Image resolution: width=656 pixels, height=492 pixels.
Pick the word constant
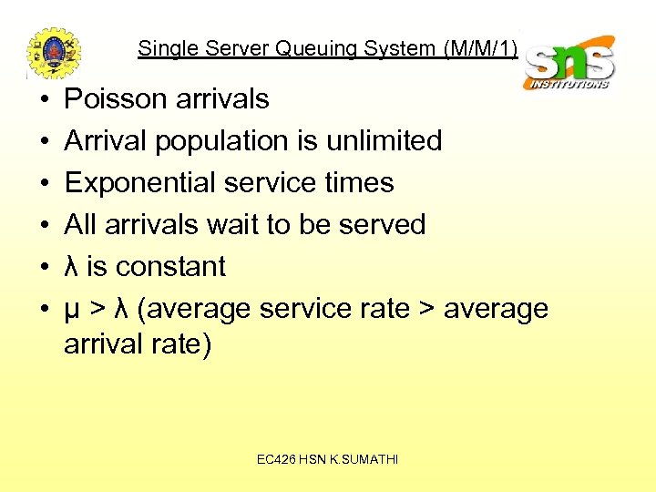point(169,266)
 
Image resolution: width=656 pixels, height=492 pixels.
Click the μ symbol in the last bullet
point(72,310)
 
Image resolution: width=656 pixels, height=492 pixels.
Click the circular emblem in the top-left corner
point(54,53)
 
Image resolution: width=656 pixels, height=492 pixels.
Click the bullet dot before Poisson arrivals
point(32,99)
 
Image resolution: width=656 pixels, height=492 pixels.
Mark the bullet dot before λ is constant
point(32,267)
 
